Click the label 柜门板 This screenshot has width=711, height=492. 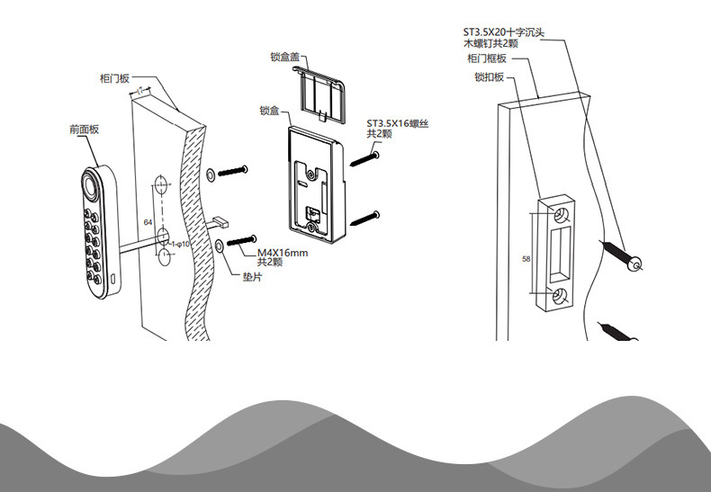click(x=115, y=78)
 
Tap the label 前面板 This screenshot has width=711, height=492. click(x=84, y=130)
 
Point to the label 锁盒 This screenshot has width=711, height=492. click(x=269, y=112)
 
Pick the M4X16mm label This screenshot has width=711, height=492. click(x=283, y=253)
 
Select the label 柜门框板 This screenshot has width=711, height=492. click(x=487, y=58)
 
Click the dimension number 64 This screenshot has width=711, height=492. click(x=148, y=221)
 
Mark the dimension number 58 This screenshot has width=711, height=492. click(x=526, y=258)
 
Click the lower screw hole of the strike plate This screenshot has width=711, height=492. click(x=560, y=298)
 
